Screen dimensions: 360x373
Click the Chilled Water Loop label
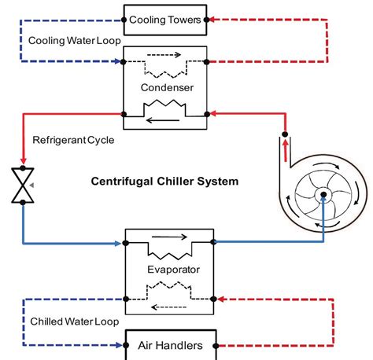pos(65,321)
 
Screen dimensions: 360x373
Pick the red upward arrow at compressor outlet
pos(285,149)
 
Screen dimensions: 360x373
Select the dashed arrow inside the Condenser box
pos(167,57)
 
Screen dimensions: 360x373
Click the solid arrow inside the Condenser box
pos(167,119)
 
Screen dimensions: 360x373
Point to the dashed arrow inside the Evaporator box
pos(167,308)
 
